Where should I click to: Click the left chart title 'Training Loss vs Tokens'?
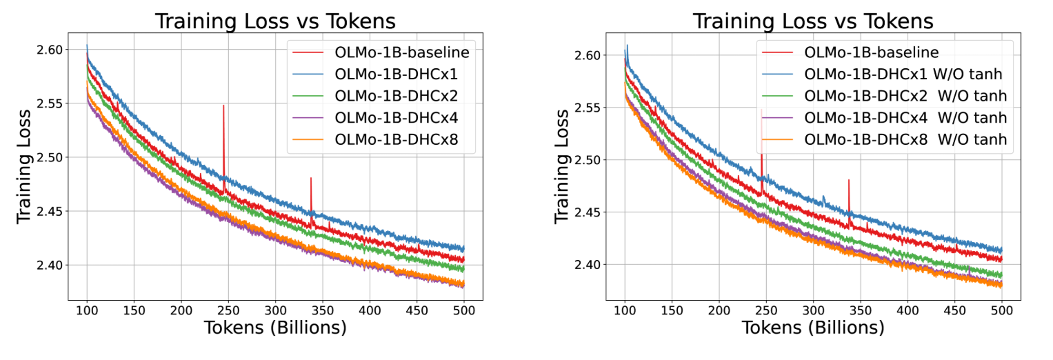275,21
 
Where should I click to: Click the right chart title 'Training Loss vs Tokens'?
813,21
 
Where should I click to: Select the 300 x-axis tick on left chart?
275,311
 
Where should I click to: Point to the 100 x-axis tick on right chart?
625,311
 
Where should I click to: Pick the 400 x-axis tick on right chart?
907,311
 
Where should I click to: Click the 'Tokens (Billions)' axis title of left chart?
275,329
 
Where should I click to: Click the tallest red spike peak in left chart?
223,106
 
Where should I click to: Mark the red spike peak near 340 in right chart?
849,180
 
